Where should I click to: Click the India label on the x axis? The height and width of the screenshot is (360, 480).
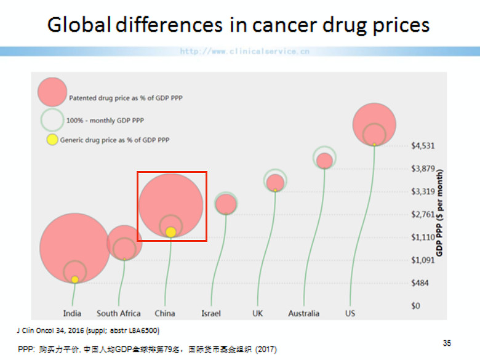click(72, 313)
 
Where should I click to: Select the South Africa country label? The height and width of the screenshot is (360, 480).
click(118, 313)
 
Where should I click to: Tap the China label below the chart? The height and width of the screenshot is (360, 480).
click(165, 313)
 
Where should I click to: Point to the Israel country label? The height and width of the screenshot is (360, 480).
click(210, 313)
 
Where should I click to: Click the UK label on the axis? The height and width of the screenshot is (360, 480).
click(257, 313)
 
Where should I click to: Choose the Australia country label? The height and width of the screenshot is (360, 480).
click(303, 313)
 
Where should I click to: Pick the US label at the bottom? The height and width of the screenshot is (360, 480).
click(350, 313)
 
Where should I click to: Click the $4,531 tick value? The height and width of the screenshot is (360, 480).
click(423, 146)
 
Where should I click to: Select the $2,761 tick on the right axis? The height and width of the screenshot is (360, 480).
click(423, 214)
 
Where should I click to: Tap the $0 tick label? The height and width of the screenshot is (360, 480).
click(416, 306)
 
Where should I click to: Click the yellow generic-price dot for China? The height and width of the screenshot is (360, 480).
click(171, 232)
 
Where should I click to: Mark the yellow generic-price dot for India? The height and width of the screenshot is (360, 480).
click(75, 279)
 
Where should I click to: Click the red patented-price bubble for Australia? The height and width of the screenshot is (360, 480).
click(325, 161)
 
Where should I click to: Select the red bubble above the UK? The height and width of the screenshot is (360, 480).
click(275, 183)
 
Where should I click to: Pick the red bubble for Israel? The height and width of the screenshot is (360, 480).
click(226, 204)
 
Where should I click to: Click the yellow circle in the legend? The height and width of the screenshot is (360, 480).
click(52, 140)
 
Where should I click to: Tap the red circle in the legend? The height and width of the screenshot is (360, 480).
click(52, 92)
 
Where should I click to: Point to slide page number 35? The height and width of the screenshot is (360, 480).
click(447, 342)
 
